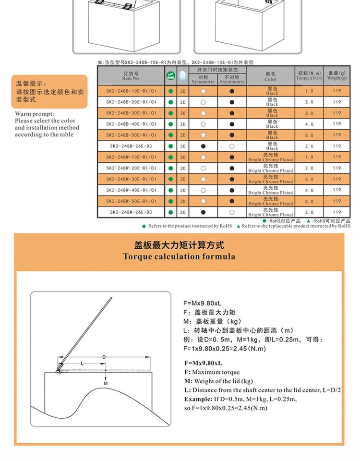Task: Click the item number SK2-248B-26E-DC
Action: pos(131,146)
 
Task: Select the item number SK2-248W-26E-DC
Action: pos(131,212)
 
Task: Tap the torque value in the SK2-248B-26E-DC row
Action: pos(309,146)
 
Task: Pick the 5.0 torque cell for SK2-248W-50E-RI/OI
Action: pos(309,201)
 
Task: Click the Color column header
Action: pos(270,76)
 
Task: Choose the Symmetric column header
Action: pos(203,79)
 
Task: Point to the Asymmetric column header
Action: pos(232,79)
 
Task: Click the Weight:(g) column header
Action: pos(336,75)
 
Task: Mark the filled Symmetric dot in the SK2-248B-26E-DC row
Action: pos(203,146)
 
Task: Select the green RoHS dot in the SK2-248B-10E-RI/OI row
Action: pos(170,91)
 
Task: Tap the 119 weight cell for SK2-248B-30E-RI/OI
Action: pos(336,113)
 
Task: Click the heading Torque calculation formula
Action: pos(179,256)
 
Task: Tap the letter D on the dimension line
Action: pos(104,357)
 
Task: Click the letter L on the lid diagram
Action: pos(82,364)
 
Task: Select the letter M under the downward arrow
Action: pos(106,383)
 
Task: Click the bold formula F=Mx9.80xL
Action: pos(203,363)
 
